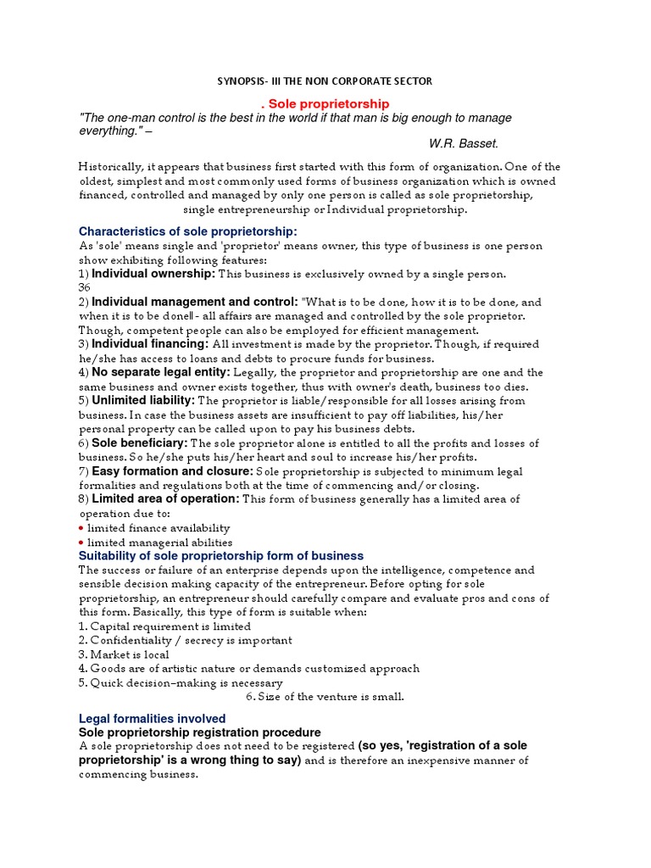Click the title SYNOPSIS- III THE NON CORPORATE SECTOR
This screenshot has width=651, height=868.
pyautogui.click(x=325, y=81)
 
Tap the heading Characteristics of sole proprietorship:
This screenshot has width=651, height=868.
pyautogui.click(x=188, y=231)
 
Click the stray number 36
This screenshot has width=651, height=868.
pyautogui.click(x=84, y=287)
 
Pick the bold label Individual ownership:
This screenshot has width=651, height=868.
pyautogui.click(x=153, y=274)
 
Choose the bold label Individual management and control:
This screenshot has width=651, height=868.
pyautogui.click(x=195, y=302)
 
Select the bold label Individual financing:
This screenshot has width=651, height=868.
pyautogui.click(x=150, y=344)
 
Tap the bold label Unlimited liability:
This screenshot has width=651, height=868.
pyautogui.click(x=143, y=400)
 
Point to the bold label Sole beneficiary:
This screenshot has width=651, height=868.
pyautogui.click(x=140, y=442)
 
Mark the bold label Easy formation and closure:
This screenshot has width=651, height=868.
pyautogui.click(x=172, y=470)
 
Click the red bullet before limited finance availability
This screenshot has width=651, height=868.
pyautogui.click(x=81, y=528)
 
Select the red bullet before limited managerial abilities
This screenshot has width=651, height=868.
pyautogui.click(x=81, y=542)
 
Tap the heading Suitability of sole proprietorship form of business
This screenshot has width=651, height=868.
pyautogui.click(x=221, y=556)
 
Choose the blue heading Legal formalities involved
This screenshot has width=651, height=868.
pyautogui.click(x=153, y=719)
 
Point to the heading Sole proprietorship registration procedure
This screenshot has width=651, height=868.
pyautogui.click(x=200, y=732)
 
